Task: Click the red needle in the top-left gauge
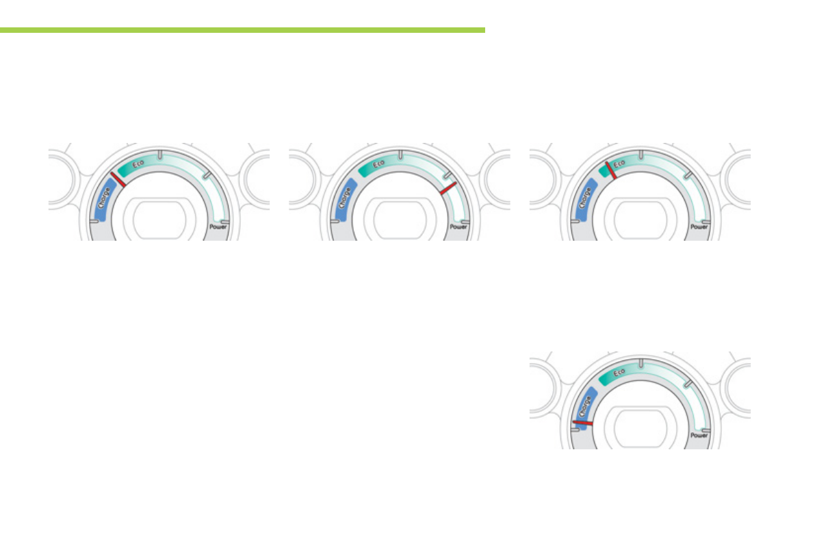118,179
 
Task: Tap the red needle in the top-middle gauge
448,188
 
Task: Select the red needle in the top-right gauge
610,170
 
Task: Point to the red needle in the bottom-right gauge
582,423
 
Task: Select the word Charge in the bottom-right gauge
585,407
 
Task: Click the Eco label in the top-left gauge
138,164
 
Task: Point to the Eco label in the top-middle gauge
378,164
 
